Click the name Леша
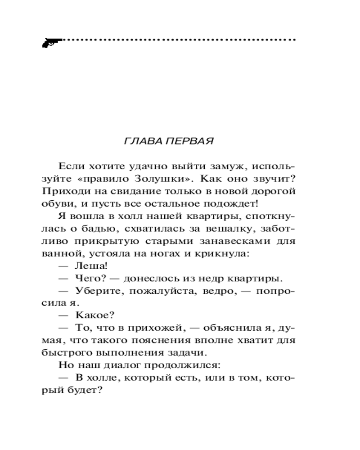click(x=89, y=266)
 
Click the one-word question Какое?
click(x=93, y=316)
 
